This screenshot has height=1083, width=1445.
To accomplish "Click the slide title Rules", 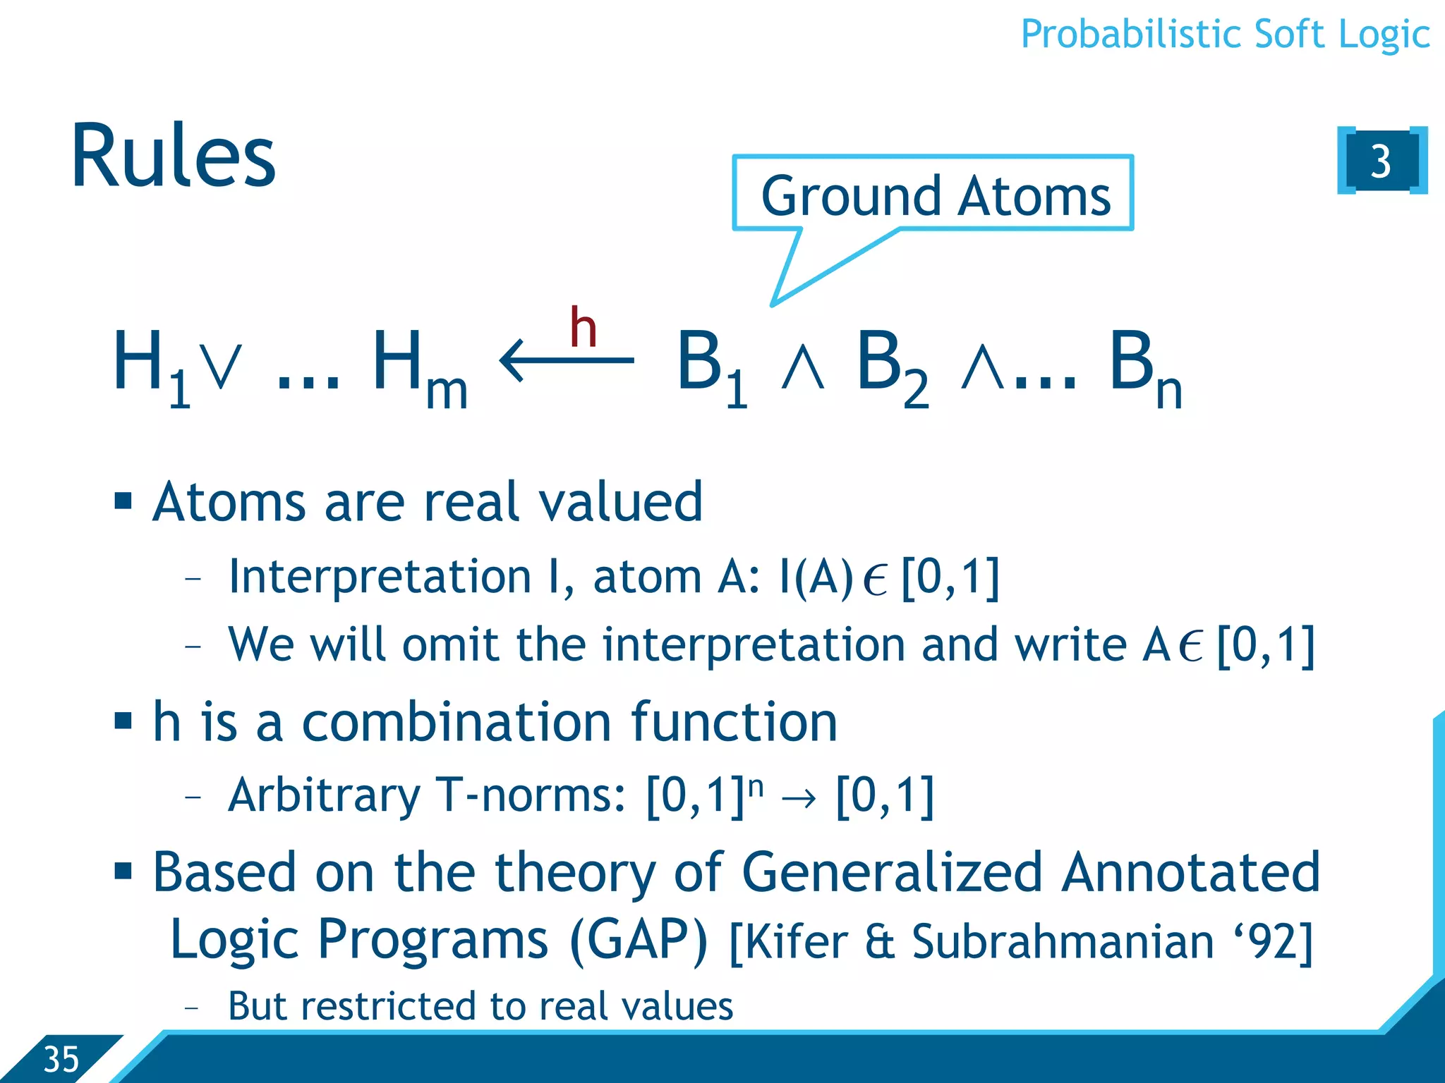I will click(173, 157).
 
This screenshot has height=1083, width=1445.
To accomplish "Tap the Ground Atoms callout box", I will click(934, 195).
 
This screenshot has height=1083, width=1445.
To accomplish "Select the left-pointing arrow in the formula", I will click(567, 360).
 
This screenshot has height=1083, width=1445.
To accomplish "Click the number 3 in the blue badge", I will click(1380, 161).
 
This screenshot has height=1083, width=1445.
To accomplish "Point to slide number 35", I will click(61, 1059).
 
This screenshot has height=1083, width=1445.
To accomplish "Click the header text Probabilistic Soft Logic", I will click(1225, 34).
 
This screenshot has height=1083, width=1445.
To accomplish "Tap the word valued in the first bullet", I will click(620, 501).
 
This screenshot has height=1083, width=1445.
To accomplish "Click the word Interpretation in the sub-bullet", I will click(380, 577).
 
